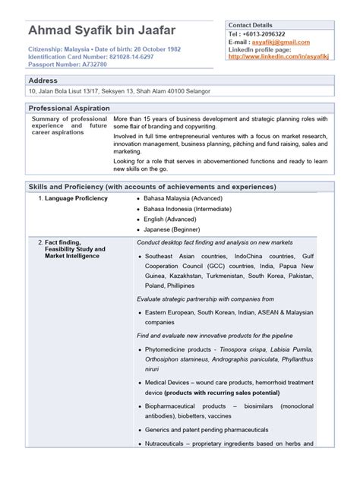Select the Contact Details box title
[x=254, y=24]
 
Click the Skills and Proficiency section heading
[x=152, y=186]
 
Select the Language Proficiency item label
[x=75, y=198]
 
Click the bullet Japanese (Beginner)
[x=170, y=229]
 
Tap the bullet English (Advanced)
[x=170, y=219]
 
